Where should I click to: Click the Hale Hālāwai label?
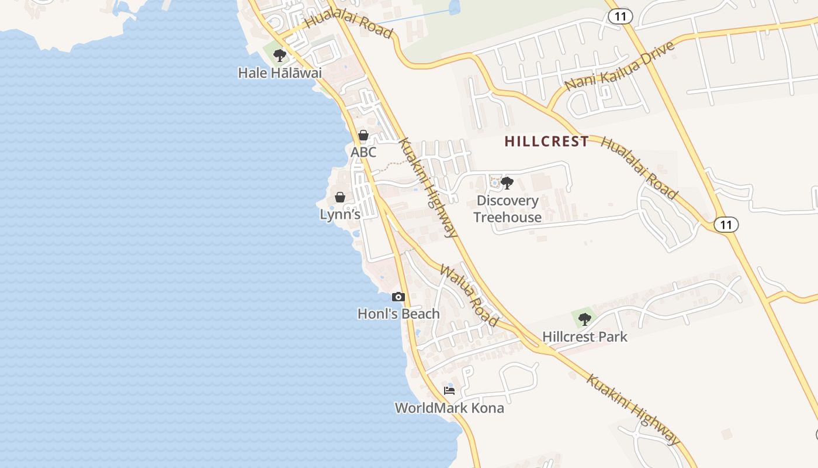[280, 73]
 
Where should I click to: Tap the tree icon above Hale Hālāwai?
[280, 56]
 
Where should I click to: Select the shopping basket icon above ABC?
[363, 136]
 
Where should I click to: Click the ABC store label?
[363, 152]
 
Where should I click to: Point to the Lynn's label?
[340, 214]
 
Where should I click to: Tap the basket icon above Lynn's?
[340, 197]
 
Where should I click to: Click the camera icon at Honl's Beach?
[398, 297]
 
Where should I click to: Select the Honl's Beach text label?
[398, 314]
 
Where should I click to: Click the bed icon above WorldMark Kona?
[449, 391]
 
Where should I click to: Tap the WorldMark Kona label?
[449, 408]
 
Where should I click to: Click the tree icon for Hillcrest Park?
[584, 319]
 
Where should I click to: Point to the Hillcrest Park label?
[584, 337]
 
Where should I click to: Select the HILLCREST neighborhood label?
[546, 142]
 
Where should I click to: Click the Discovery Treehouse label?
[507, 209]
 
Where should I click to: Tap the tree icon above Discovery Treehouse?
[507, 183]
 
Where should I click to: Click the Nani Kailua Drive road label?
[619, 66]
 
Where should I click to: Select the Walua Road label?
[469, 295]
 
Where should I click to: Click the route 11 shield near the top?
[620, 16]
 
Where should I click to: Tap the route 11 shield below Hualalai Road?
[726, 225]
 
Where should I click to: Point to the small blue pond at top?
[454, 8]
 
